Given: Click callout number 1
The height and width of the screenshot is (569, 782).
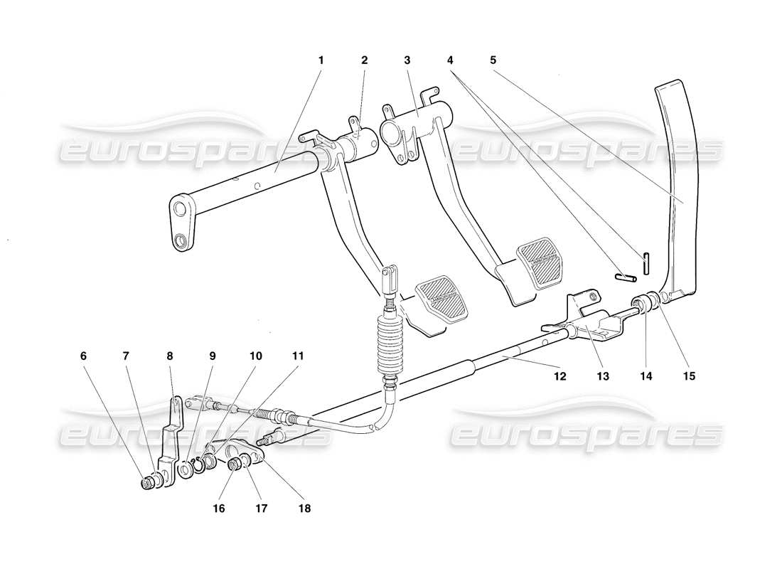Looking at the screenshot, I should pos(321,60).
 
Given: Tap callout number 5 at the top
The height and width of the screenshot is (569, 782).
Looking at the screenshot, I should pos(493,60).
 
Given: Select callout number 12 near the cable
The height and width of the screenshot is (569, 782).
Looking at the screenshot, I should pos(560,376).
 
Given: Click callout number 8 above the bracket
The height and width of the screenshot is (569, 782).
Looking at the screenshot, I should pos(169,355).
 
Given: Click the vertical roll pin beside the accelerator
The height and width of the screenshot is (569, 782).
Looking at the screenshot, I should pos(646,263).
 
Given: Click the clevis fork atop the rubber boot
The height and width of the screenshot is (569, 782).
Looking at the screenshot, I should pos(388,281).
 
